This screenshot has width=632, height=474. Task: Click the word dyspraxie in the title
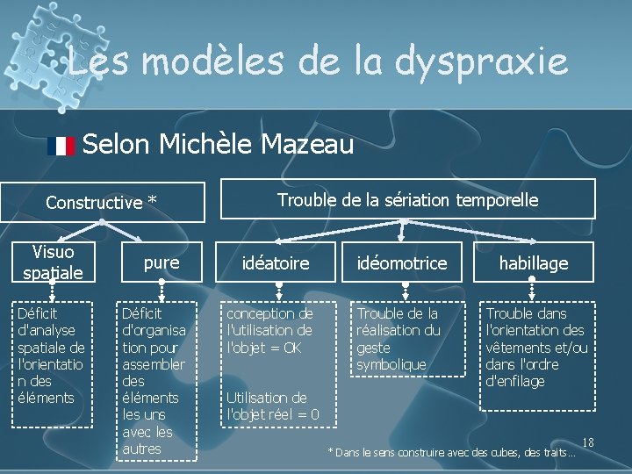481,63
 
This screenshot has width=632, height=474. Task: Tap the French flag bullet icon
61,146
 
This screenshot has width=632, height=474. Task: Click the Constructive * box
102,202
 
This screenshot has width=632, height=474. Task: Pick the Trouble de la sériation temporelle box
407,200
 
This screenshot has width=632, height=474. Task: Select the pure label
162,262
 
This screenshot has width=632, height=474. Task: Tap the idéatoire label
276,263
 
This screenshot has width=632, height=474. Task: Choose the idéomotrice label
402,263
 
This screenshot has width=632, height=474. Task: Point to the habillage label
534,263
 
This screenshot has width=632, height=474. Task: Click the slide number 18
588,442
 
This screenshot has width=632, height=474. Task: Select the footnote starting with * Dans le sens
451,453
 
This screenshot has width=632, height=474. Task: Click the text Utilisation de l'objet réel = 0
273,406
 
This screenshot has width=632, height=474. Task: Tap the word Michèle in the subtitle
207,143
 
